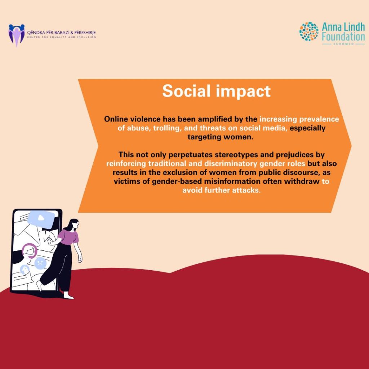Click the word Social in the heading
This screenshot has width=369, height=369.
(186, 91)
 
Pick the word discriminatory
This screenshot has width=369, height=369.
(231, 164)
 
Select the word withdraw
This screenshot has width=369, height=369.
(302, 181)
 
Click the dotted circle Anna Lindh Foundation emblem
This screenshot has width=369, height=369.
(309, 31)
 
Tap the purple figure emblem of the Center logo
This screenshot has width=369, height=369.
(17, 35)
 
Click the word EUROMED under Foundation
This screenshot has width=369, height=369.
(343, 44)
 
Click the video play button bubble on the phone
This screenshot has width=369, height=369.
(42, 219)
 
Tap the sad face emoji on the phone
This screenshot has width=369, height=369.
(40, 263)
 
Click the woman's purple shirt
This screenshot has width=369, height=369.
(69, 237)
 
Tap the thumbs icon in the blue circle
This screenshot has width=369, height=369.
(24, 270)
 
